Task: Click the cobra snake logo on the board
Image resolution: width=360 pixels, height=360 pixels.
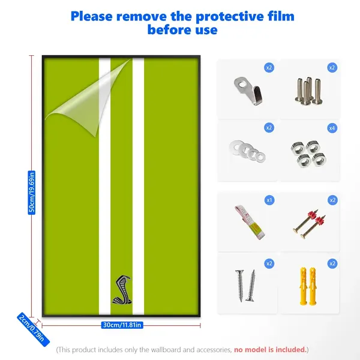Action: pos(122,290)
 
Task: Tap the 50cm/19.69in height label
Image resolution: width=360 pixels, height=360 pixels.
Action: pos(32,193)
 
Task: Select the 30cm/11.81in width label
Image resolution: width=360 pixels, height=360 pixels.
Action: pos(122,325)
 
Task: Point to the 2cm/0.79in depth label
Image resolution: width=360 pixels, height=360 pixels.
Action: pos(33,329)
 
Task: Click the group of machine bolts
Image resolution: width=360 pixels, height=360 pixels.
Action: pos(309,91)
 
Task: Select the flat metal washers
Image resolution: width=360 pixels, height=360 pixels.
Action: pos(247,151)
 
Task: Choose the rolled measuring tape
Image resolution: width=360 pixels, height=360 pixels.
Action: pos(250,222)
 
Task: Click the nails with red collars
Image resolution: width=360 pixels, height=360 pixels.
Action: pos(310,224)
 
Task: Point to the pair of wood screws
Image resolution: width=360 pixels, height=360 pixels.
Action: pos(245,286)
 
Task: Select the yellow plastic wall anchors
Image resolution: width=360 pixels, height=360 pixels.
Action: pos(308,286)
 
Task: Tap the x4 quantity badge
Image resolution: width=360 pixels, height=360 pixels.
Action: pos(332,128)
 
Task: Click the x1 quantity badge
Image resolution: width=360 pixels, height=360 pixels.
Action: pos(269,200)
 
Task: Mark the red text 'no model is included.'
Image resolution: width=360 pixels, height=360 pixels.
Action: pos(271,350)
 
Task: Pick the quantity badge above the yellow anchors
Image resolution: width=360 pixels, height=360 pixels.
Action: pos(332,263)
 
